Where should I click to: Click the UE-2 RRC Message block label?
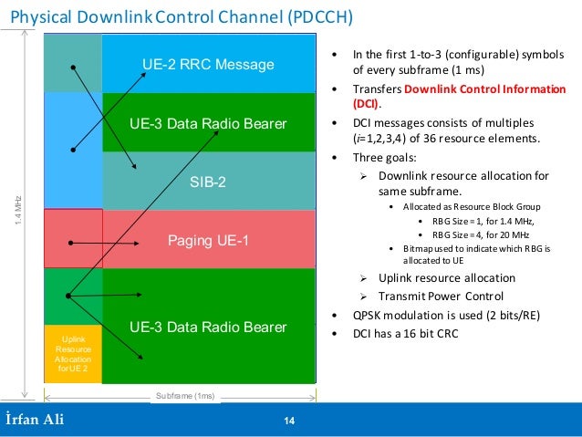pos(208,65)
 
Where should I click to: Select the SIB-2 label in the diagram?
pos(208,182)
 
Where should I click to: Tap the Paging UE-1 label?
pos(208,241)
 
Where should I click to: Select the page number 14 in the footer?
pos(290,421)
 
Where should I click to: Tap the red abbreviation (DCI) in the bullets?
pos(365,105)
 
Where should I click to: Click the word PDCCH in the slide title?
pos(314,17)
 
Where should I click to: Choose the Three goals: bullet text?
pos(384,156)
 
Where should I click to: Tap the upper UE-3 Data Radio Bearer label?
pos(208,123)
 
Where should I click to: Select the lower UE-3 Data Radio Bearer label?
pos(208,327)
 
